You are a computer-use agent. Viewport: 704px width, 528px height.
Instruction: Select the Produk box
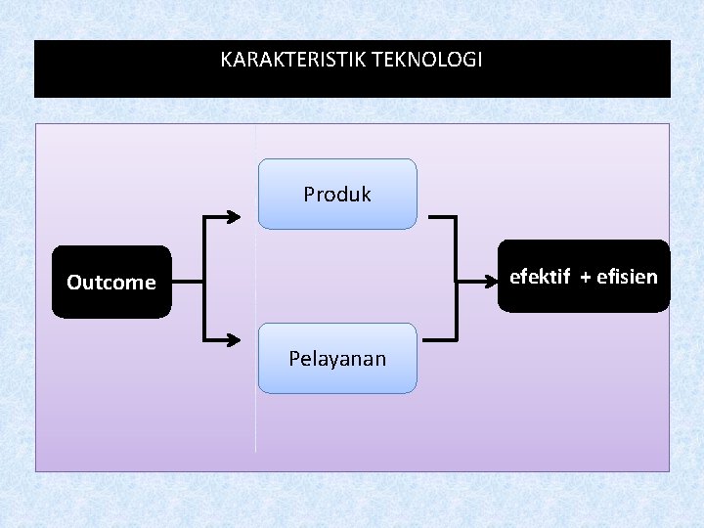(x=337, y=194)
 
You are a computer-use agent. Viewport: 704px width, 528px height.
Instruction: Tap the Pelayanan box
(x=337, y=358)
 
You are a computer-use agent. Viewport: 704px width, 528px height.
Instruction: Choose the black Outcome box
(x=111, y=283)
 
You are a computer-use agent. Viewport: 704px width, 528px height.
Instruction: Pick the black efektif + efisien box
(x=584, y=277)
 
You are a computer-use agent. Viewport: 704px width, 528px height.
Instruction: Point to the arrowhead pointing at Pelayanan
(x=233, y=340)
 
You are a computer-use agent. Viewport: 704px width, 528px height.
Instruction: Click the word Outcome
(x=111, y=283)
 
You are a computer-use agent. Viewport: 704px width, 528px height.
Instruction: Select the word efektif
(x=540, y=277)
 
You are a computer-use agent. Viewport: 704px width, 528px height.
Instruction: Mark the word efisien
(x=627, y=277)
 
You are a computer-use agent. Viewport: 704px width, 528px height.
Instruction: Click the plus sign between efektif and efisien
(x=585, y=278)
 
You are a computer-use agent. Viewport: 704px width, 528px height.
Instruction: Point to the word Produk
(x=337, y=194)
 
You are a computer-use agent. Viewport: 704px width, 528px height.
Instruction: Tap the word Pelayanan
(x=337, y=358)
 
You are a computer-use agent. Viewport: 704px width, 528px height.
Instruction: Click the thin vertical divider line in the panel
(x=256, y=430)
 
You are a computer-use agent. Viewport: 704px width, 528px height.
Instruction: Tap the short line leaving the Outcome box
(x=187, y=281)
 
